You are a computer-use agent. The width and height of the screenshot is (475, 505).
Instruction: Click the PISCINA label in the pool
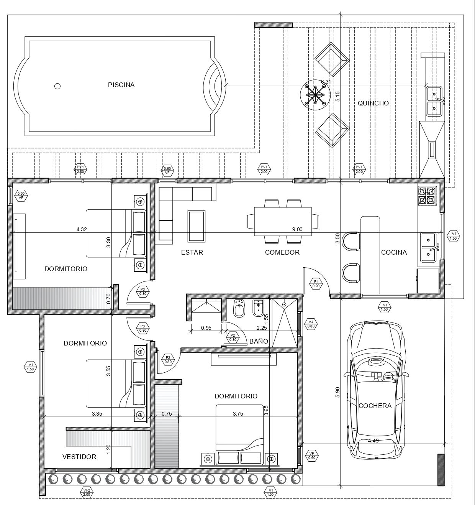121,85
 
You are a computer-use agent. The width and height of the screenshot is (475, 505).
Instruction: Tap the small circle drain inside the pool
57,86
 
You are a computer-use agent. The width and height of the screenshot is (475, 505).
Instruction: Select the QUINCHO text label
373,103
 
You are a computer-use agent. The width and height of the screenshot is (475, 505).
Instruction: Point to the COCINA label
394,252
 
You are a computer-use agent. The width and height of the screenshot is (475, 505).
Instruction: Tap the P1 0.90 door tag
316,283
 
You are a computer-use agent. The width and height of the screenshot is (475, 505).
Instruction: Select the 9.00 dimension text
297,229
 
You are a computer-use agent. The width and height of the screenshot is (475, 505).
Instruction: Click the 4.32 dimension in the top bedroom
82,229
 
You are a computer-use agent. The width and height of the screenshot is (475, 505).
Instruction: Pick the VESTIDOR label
79,457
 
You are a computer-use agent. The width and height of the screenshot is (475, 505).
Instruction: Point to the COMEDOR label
282,252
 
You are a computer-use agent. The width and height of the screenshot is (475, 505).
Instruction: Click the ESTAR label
192,252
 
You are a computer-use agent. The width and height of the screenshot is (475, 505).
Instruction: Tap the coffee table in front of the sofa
197,226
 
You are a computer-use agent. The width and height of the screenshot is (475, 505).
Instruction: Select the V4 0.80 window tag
311,324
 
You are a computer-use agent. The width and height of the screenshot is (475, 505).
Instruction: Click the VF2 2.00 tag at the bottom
87,492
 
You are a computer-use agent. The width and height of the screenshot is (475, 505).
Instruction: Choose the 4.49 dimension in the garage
373,441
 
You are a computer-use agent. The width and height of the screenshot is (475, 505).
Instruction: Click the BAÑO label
259,341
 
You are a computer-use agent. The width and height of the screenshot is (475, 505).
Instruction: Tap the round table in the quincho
315,94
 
